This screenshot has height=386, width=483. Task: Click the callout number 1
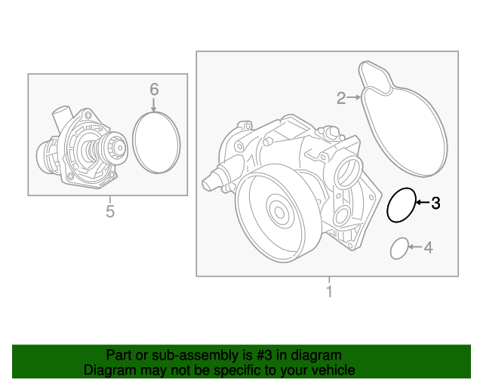[328, 291]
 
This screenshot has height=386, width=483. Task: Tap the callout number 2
[340, 97]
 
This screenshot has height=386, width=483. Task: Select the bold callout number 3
[435, 203]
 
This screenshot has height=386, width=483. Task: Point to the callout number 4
[428, 247]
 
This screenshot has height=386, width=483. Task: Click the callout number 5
[109, 211]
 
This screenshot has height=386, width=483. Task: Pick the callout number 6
[154, 90]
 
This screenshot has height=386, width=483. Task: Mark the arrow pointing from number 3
[421, 203]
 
